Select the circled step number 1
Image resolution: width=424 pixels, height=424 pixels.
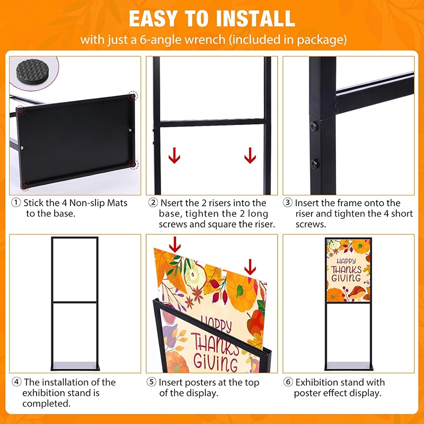[16, 202]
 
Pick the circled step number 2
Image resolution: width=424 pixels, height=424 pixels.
[153, 202]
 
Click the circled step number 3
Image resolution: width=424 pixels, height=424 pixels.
[287, 202]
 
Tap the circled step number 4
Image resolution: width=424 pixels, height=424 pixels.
[16, 382]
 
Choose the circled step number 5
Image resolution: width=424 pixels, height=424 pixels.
[152, 382]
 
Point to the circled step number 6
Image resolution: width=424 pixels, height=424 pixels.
[288, 382]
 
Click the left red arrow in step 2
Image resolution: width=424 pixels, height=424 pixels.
[174, 155]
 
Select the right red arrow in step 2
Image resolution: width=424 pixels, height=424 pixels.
[250, 155]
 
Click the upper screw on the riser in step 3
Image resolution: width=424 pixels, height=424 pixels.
[313, 126]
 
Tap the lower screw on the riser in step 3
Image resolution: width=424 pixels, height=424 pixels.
[314, 164]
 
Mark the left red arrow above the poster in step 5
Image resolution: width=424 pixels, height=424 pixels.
[175, 244]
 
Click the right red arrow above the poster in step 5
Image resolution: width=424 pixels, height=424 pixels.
[250, 267]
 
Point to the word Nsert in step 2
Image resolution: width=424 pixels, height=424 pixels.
[172, 203]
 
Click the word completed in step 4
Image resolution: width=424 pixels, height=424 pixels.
[47, 404]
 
